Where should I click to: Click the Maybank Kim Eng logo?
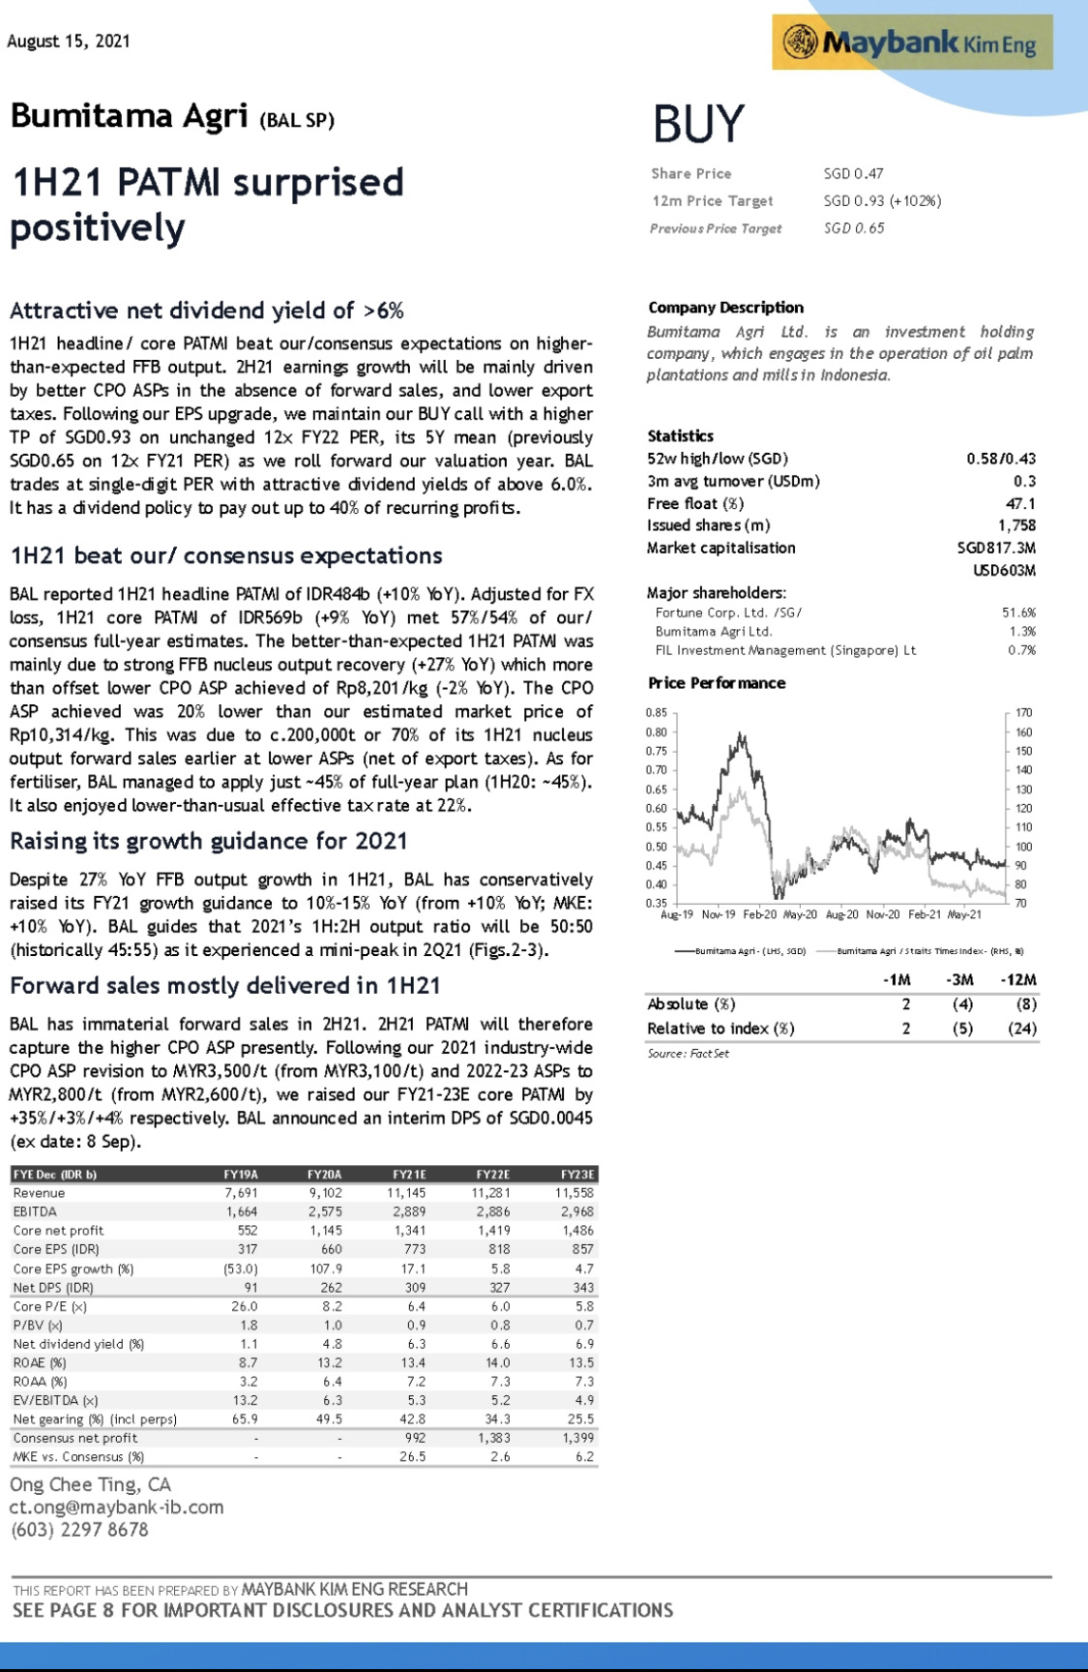(x=911, y=43)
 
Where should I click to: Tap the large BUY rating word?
(x=698, y=125)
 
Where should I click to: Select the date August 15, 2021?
(x=68, y=41)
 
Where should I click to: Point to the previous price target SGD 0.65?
(x=853, y=228)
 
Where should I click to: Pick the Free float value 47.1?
(x=1020, y=503)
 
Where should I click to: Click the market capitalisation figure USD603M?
(x=1004, y=570)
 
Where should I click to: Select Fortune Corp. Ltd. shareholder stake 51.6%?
(x=1018, y=612)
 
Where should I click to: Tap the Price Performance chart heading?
(x=716, y=683)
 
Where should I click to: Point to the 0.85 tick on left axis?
(x=656, y=713)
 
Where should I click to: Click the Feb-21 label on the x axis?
(x=925, y=914)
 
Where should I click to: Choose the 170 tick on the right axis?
(x=1023, y=713)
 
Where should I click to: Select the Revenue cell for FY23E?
(x=574, y=1193)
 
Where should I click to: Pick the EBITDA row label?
(x=35, y=1211)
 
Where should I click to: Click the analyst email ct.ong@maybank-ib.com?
(x=116, y=1508)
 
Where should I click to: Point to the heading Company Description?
(x=725, y=308)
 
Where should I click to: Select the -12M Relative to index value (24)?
(x=1021, y=1029)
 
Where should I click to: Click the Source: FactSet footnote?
(x=688, y=1053)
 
